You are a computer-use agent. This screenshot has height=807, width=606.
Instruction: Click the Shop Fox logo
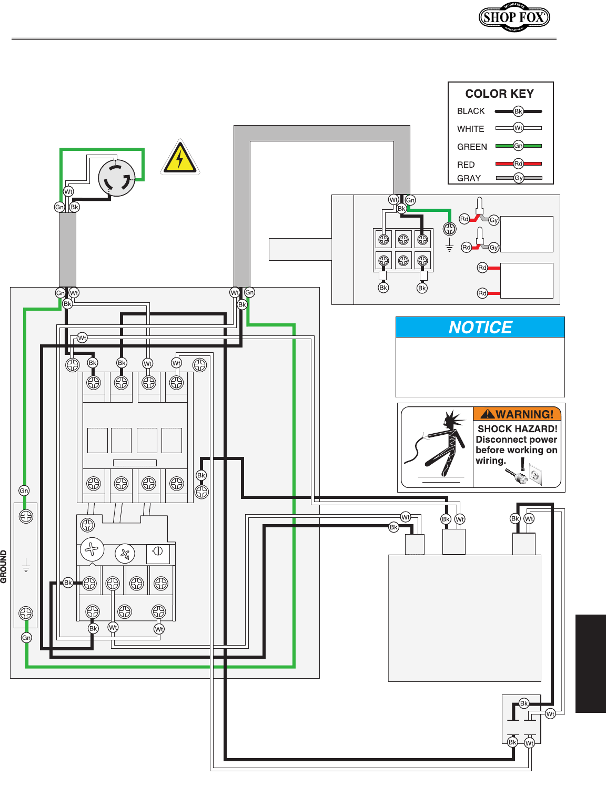[x=514, y=17]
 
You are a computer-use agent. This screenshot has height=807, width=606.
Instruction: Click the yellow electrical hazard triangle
[x=180, y=157]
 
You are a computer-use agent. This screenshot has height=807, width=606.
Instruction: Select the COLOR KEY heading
[x=499, y=94]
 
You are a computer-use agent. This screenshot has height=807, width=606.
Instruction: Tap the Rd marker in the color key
[x=518, y=164]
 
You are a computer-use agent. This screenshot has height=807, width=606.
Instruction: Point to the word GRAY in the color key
[x=469, y=178]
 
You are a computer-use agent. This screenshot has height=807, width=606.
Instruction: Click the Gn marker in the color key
[x=518, y=146]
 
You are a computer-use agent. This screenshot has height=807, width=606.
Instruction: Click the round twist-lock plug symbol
[x=117, y=178]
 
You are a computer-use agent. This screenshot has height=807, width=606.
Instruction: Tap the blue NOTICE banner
[x=480, y=327]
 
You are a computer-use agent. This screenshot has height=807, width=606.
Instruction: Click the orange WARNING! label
[x=517, y=414]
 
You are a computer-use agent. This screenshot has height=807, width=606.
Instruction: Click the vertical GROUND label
[x=4, y=567]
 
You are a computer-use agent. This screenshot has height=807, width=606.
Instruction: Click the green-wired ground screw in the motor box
[x=449, y=229]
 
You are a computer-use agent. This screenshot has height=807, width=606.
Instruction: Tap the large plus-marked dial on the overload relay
[x=92, y=549]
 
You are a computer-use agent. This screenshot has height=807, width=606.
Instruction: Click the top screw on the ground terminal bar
[x=26, y=517]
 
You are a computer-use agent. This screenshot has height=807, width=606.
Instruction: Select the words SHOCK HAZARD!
[x=518, y=429]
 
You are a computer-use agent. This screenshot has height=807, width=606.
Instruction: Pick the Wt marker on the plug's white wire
[x=68, y=191]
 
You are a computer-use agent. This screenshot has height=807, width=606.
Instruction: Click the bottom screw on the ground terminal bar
[x=26, y=613]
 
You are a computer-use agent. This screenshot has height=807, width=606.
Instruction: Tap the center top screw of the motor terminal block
[x=403, y=240]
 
